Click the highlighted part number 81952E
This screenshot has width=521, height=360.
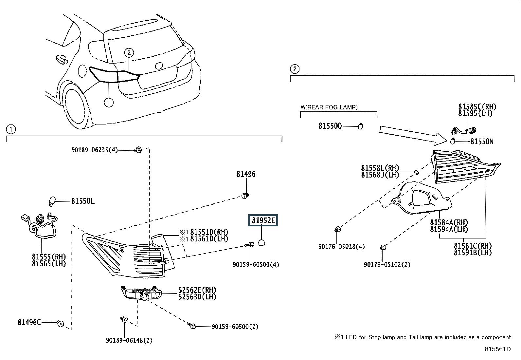[263, 220]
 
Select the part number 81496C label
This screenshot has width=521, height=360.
[29, 322]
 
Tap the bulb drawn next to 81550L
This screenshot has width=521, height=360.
[52, 201]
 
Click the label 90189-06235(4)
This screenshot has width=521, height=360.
[95, 150]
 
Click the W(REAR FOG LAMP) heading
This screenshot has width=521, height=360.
[329, 107]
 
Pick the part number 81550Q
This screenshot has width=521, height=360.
[330, 126]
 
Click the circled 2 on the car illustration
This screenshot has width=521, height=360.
[129, 53]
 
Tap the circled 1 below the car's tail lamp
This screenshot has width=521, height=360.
[109, 102]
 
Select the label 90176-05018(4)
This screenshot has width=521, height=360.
[341, 247]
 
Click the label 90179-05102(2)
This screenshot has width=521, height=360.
[387, 265]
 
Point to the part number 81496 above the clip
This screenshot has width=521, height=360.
[246, 174]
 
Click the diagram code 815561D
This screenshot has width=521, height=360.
[498, 349]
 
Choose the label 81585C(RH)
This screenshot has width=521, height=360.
[477, 107]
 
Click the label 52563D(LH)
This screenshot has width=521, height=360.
[197, 297]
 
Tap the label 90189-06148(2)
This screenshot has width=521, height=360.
[129, 340]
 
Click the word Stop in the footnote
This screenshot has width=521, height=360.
[374, 337]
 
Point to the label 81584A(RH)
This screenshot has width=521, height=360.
[449, 222]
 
